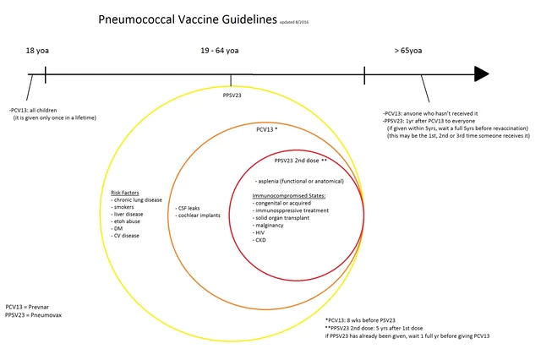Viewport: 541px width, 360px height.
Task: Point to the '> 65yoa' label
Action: (x=408, y=51)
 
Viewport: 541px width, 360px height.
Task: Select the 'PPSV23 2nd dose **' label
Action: (x=300, y=160)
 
